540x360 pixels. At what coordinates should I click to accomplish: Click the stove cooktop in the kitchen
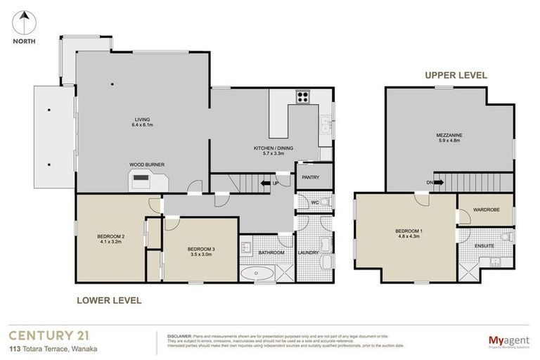click(x=304, y=98)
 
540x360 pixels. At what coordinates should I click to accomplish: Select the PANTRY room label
click(x=311, y=178)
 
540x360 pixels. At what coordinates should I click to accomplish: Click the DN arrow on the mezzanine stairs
click(x=437, y=182)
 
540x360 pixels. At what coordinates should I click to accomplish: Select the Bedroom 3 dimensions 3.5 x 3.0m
click(x=199, y=255)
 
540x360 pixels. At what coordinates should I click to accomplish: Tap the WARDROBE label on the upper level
click(x=486, y=209)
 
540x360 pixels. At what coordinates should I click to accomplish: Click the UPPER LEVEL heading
click(x=455, y=75)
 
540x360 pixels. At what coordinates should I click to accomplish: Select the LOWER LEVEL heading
click(x=108, y=300)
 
